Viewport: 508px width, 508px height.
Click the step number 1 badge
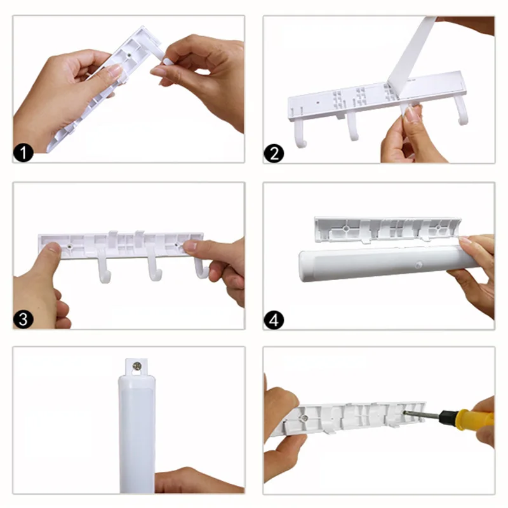click(x=23, y=153)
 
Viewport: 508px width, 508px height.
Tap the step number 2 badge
click(x=274, y=153)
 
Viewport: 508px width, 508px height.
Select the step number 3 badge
click(x=23, y=319)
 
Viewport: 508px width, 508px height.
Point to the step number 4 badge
click(x=274, y=320)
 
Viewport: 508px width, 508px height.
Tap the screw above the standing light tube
click(x=137, y=366)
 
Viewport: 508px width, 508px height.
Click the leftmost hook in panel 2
click(x=300, y=133)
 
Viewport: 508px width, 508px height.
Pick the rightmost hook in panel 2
click(x=462, y=110)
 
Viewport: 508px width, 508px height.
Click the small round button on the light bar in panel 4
click(x=418, y=265)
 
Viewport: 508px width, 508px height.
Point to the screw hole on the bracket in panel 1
click(x=130, y=55)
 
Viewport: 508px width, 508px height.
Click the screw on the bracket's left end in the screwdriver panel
click(x=304, y=418)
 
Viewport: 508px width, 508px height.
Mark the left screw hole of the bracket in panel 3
click(x=70, y=247)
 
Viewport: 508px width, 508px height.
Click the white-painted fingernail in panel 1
click(x=168, y=62)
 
